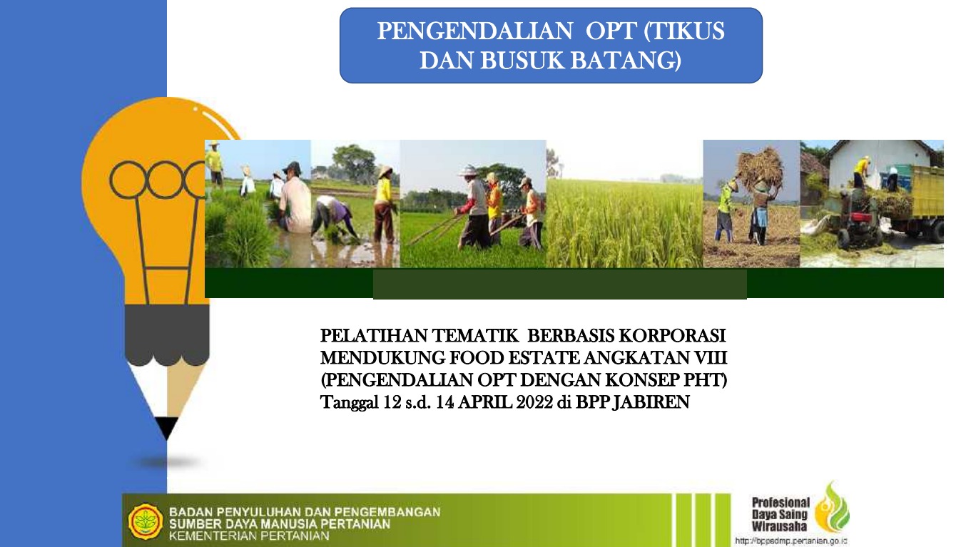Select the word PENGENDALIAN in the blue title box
474,31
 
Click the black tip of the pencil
166,427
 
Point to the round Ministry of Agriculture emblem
146,521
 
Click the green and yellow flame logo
832,507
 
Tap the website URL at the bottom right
791,541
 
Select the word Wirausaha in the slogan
780,526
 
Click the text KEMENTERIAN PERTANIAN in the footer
249,536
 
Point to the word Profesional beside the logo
781,503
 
